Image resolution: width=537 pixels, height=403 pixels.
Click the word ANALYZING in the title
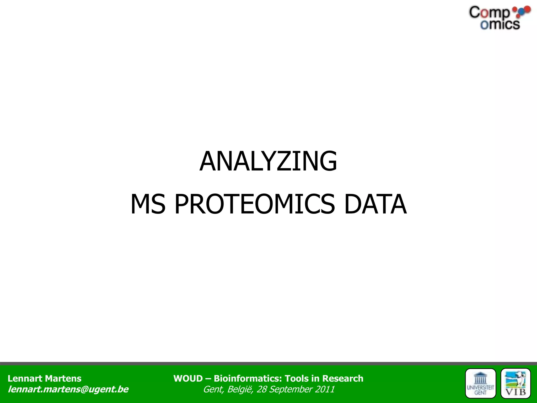tap(268, 161)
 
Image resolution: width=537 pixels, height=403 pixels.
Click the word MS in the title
tap(148, 204)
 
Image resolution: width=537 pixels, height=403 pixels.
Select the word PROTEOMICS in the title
tap(255, 204)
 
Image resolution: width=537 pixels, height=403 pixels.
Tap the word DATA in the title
tap(375, 204)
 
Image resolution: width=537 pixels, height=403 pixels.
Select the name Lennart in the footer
tap(25, 378)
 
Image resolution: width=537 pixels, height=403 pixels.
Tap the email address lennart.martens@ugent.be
tap(68, 389)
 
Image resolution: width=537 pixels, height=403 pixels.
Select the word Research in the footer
tap(343, 378)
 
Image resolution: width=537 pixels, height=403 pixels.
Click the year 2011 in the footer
tap(325, 389)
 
